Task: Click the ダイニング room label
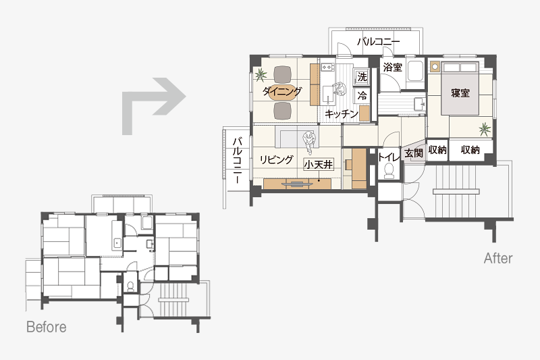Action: coord(282,91)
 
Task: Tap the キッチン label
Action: coord(342,113)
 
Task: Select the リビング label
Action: coord(276,159)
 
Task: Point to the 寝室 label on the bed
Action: coord(460,93)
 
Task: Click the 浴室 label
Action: coord(393,67)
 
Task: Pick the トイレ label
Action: coord(389,157)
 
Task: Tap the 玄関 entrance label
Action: coord(413,153)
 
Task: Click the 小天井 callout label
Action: coord(319,165)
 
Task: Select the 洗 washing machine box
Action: coord(362,77)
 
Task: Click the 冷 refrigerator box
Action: coord(362,95)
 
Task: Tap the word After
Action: coord(498,259)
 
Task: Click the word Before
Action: coord(47,327)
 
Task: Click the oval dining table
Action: coord(282,93)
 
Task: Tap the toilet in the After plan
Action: coord(389,170)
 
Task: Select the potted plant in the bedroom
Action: coord(485,129)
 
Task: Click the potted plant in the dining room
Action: coord(261,74)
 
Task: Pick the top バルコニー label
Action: coord(378,42)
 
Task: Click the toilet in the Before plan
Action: coord(130,286)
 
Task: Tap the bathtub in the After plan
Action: coord(415,72)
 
